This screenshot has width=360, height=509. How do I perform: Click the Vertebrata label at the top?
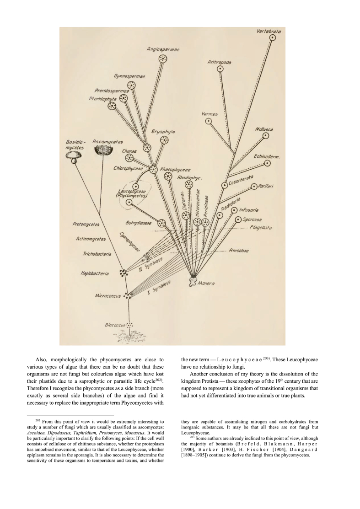click(269, 32)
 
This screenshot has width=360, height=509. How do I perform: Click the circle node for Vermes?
click(209, 121)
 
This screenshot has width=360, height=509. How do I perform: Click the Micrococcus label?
click(107, 296)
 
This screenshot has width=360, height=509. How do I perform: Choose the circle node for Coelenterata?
click(225, 185)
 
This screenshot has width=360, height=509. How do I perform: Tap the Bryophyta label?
click(163, 132)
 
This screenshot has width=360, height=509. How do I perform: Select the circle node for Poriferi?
click(254, 187)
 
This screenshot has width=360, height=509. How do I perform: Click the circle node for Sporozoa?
click(238, 220)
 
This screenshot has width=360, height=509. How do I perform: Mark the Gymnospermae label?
click(129, 76)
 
